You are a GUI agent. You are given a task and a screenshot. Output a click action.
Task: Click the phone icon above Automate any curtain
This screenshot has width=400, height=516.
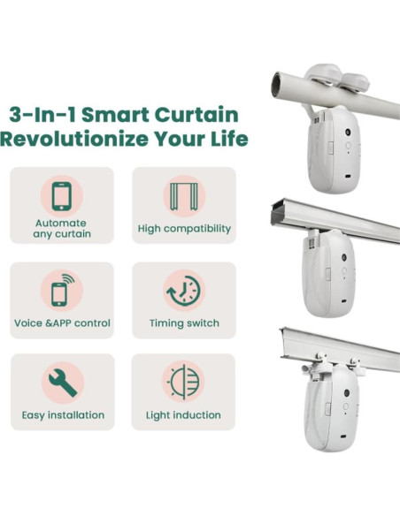[x=62, y=195]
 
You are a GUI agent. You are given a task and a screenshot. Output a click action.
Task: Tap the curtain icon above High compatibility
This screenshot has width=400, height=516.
[x=184, y=195]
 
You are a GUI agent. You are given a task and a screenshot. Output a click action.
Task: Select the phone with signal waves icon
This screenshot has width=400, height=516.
[x=62, y=291]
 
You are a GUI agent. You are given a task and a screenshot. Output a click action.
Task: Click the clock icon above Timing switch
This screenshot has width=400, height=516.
[x=184, y=291]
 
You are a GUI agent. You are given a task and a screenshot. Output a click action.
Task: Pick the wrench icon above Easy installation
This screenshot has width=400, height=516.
[x=62, y=382]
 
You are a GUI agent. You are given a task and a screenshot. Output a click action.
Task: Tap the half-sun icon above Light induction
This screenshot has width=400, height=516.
[x=184, y=382]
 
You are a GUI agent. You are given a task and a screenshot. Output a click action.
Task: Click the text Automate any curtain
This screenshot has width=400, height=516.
[x=62, y=228]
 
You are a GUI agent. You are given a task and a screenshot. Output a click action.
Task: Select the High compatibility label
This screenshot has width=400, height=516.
[x=184, y=229]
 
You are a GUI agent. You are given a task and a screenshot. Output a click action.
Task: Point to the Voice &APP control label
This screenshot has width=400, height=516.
[x=62, y=323]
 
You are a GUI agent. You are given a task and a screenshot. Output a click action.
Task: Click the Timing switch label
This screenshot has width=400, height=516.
[x=184, y=323]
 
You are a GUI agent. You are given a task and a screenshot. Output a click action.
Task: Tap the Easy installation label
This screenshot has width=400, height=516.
[x=62, y=415]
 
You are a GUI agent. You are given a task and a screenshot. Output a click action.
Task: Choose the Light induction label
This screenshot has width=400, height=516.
[x=184, y=415]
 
